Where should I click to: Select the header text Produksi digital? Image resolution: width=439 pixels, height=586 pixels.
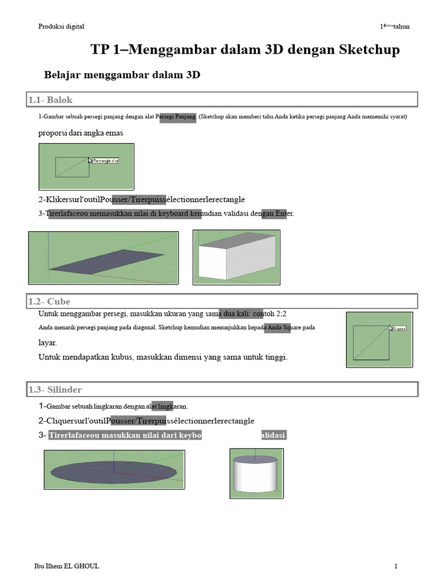(x=61, y=26)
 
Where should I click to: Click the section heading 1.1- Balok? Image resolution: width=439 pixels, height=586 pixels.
(x=51, y=100)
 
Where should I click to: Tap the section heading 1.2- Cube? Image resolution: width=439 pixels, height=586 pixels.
(x=50, y=302)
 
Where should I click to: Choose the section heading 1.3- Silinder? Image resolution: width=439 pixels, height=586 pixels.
(x=55, y=390)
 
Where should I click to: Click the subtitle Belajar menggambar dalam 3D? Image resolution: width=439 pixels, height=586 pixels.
(x=122, y=75)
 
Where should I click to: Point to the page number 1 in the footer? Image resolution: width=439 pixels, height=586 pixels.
(x=396, y=567)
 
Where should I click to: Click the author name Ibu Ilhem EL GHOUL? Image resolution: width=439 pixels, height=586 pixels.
(x=67, y=567)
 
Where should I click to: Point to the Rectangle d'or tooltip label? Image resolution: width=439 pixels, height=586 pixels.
(x=106, y=161)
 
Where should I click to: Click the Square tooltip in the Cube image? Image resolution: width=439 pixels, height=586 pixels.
(x=399, y=328)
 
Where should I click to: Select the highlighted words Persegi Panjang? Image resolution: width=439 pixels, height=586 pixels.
(x=177, y=117)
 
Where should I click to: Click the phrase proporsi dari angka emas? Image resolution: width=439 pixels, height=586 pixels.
(x=81, y=133)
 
